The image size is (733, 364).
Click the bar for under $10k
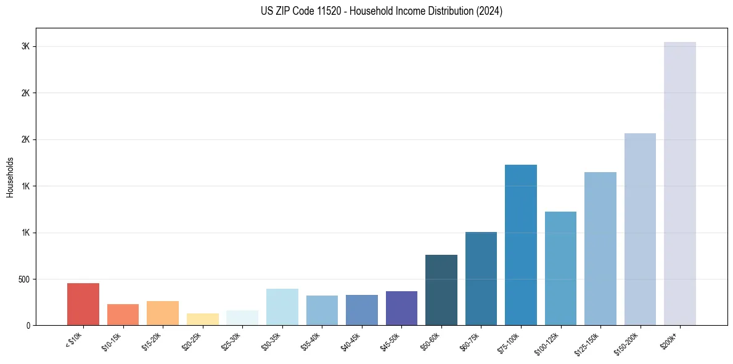tap(83, 304)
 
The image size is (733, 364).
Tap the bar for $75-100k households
tap(521, 245)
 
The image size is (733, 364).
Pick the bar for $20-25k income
tap(203, 320)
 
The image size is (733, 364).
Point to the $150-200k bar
tap(640, 229)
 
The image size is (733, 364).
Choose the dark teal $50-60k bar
tap(441, 290)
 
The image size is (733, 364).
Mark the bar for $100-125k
tap(560, 268)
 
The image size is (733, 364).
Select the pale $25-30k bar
tap(242, 318)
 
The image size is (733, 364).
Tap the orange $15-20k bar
tap(163, 313)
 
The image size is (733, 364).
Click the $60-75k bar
tap(481, 278)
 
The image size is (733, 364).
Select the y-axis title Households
tap(10, 177)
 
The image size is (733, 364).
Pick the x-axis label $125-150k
tap(588, 343)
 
